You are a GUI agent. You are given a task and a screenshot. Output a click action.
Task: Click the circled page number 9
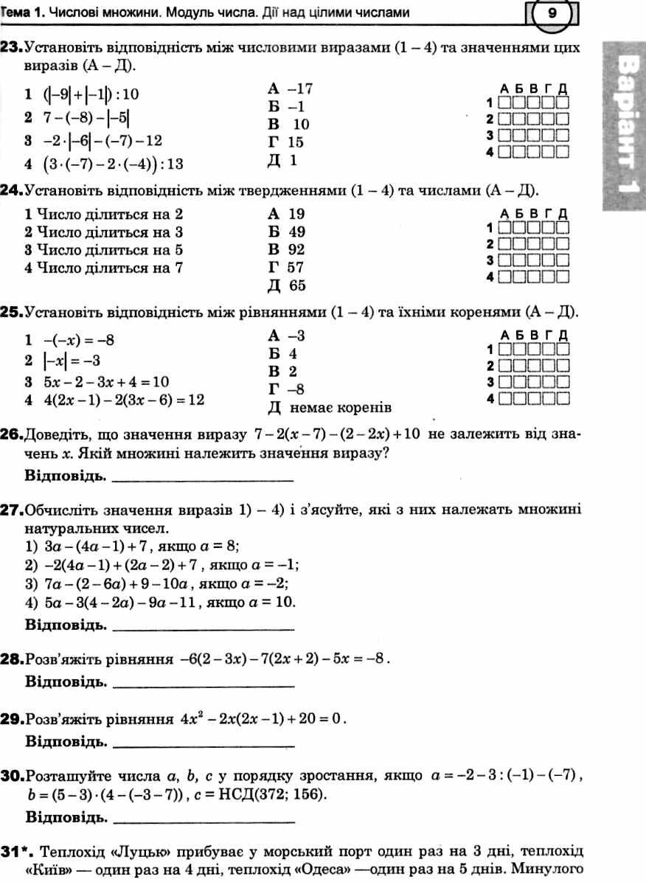click(552, 13)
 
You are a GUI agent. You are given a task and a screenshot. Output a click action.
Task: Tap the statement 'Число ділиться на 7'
click(103, 268)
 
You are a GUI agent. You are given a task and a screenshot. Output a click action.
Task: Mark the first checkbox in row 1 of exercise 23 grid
click(505, 103)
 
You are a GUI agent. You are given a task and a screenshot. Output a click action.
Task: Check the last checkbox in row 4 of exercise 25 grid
click(563, 400)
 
